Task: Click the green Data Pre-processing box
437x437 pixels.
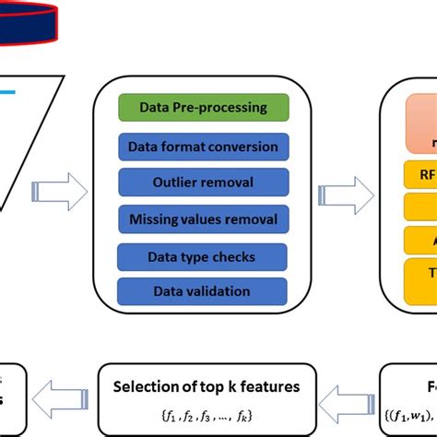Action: coord(204,108)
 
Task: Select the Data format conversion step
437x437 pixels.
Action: coord(204,146)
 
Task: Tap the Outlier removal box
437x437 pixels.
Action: coord(204,182)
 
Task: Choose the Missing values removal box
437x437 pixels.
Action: coord(204,218)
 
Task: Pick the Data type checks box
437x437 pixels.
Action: coord(204,255)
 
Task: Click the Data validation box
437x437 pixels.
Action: coord(204,291)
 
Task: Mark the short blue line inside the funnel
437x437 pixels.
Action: coord(7,92)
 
